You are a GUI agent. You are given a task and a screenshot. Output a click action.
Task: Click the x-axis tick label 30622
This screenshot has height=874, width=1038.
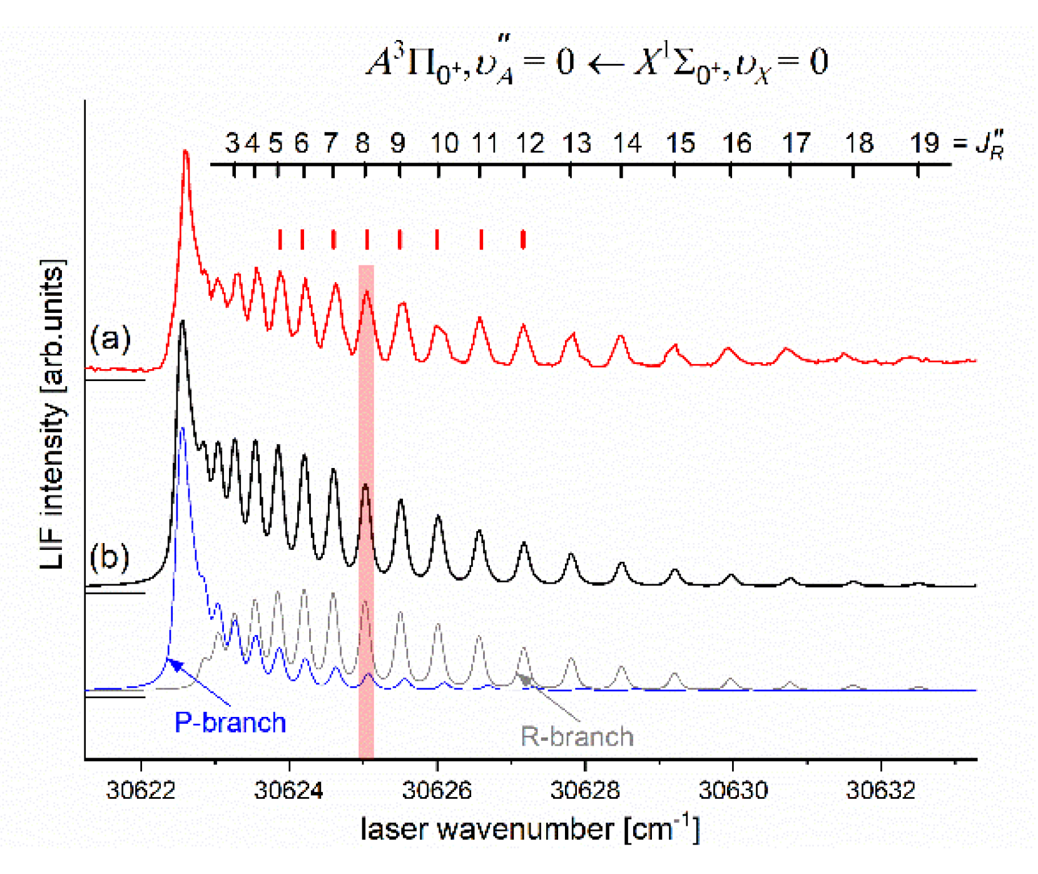[x=141, y=790]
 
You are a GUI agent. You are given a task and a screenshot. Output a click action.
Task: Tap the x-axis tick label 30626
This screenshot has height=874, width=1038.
[x=437, y=790]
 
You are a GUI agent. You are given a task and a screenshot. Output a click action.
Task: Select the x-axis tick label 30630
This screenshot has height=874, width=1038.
[x=733, y=790]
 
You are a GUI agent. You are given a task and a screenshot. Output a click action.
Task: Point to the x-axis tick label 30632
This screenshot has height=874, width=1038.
[x=881, y=790]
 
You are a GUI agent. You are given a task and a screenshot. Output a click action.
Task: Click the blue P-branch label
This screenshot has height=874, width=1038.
[x=230, y=723]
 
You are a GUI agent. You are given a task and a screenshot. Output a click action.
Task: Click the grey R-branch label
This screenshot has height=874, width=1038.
[x=577, y=736]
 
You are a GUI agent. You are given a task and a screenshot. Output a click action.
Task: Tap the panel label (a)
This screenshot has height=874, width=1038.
[x=110, y=338]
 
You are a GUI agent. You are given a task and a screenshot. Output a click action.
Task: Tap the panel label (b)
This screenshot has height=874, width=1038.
[x=109, y=556]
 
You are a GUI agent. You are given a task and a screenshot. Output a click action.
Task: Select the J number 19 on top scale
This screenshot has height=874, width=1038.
[x=924, y=143]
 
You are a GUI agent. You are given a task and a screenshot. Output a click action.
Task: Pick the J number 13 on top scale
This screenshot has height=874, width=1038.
[x=576, y=144]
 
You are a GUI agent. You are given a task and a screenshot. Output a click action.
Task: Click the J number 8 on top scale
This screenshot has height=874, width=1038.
[x=363, y=144]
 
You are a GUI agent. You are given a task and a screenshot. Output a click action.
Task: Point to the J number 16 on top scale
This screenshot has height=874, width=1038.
[x=736, y=144]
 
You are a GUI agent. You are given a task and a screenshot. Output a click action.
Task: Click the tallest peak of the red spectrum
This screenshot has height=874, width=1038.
[x=185, y=152]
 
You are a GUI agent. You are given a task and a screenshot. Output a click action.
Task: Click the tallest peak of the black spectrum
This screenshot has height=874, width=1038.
[x=182, y=322]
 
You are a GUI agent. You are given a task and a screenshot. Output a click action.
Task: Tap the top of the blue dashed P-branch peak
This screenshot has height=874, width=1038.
[x=182, y=429]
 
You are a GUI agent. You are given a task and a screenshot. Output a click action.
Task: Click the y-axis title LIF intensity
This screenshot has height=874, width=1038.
[x=53, y=413]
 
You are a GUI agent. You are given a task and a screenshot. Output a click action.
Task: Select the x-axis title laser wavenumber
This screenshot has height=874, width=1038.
[x=530, y=830]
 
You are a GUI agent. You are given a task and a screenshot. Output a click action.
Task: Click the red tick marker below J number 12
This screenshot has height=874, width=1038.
[x=523, y=239]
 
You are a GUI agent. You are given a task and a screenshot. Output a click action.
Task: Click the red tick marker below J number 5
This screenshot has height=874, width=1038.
[x=280, y=239]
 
